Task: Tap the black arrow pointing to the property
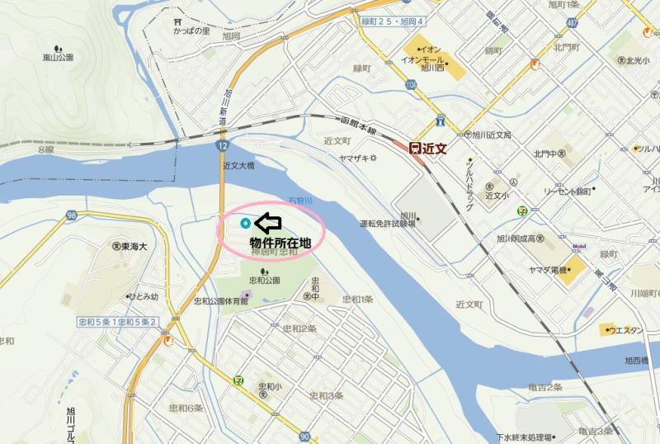click(x=268, y=222)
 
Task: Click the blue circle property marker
click(x=245, y=223)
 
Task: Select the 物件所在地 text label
click(x=280, y=243)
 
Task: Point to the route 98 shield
click(x=73, y=215)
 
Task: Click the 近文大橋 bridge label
click(x=238, y=166)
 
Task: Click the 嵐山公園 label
click(x=58, y=57)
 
